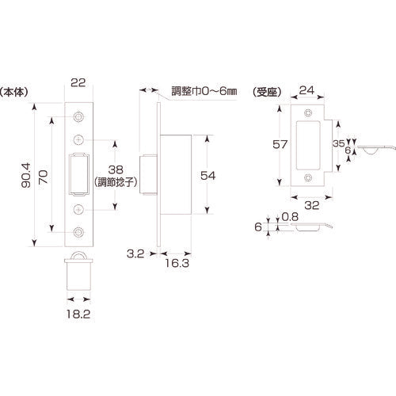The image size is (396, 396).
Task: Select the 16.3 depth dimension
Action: (177, 268)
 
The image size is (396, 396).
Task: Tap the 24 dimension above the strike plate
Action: (307, 89)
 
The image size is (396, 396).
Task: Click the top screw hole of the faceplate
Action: (78, 117)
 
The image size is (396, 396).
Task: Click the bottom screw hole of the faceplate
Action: (78, 233)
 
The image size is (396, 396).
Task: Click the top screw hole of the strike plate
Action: (307, 114)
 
